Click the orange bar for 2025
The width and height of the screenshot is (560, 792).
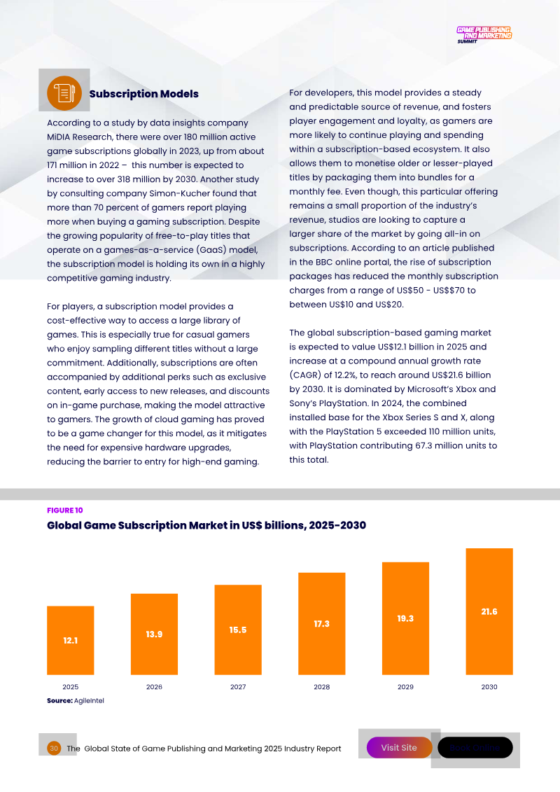coord(70,640)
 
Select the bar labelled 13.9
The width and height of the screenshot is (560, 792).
coord(154,634)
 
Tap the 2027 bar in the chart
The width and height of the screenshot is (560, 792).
coord(238,630)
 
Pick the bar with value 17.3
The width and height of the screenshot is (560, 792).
coord(321,623)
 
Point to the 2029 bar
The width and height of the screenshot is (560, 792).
coord(405,618)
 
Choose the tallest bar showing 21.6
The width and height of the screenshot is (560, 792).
coord(489,611)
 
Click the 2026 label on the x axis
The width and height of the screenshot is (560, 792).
coord(154,687)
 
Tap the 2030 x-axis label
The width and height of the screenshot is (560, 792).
coord(489,687)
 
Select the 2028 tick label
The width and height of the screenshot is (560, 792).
coord(321,687)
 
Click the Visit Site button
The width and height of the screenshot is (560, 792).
coord(399,748)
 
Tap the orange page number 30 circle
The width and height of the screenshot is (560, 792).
coord(54,749)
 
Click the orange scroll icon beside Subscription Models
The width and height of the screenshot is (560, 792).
coord(60,94)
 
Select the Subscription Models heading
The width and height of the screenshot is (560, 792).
coord(143,94)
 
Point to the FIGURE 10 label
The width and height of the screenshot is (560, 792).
coord(65,510)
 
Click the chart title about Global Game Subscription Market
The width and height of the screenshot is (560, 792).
coord(206,525)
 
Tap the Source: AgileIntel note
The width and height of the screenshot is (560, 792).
coord(75,700)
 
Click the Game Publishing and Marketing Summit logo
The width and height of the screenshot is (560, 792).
coord(484,34)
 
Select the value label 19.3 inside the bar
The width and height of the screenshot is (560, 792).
coord(405,618)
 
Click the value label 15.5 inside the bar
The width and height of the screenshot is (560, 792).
coord(238,630)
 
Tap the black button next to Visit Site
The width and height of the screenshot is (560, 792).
coord(475,748)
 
